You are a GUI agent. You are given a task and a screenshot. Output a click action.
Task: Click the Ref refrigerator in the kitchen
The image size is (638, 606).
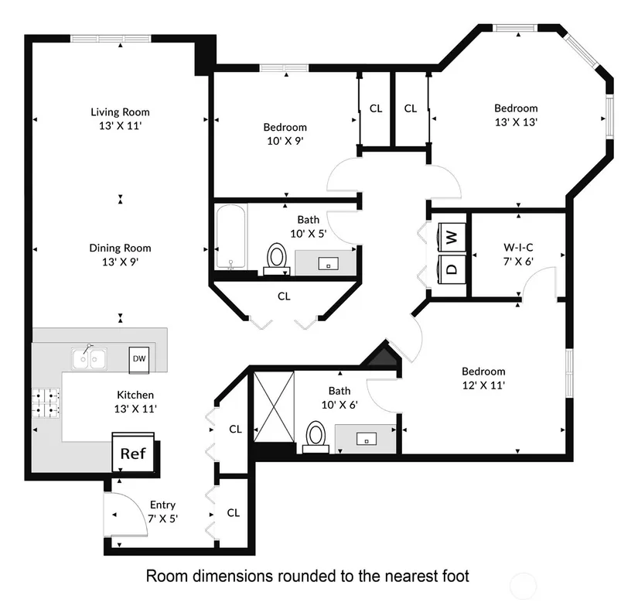pos(133,452)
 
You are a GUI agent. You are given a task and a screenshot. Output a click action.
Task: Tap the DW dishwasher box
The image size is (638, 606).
pos(139,360)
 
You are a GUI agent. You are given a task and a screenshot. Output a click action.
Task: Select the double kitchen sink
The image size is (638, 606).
pos(89,359)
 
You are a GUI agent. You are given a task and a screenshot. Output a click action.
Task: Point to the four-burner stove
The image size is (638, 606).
pos(46,402)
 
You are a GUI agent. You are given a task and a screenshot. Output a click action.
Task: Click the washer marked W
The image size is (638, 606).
pos(452,237)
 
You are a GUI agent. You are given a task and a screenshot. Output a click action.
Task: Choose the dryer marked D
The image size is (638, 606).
pos(452,269)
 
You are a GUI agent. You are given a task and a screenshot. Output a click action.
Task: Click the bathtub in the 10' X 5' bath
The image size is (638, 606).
pos(230,237)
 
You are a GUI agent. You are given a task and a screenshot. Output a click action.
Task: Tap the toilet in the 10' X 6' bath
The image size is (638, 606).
pos(316,437)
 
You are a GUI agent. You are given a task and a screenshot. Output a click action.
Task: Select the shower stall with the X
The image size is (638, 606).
pos(274,406)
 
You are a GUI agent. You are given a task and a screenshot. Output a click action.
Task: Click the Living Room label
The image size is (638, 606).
pos(120,112)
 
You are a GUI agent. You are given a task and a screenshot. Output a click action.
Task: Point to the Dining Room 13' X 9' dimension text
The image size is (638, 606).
pos(120,262)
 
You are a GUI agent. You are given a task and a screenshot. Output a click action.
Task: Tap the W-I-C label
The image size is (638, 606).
pos(518,247)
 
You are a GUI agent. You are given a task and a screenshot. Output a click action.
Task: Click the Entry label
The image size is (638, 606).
pos(162,505)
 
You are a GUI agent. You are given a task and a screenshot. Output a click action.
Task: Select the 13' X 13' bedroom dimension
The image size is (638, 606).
pos(516,122)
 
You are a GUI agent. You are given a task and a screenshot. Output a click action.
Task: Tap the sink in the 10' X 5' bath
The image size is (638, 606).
pos(328,263)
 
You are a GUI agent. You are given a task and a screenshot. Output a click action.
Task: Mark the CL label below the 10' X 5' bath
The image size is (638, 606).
pos(284,296)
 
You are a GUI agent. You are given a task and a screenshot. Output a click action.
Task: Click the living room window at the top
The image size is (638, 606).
pos(111,39)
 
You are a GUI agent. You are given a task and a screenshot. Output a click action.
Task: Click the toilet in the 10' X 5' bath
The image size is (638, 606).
pos(276,259)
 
